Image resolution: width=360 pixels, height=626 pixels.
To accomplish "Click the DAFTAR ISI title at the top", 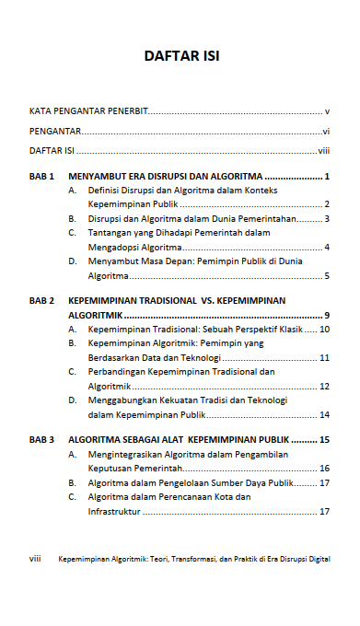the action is [181, 57].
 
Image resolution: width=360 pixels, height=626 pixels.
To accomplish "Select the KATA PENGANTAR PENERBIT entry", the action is [87, 110].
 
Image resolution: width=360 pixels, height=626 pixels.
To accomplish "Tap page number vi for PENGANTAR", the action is [326, 131].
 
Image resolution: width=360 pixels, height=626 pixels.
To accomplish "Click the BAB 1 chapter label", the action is [42, 175].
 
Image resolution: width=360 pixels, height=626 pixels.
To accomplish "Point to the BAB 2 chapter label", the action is [42, 300].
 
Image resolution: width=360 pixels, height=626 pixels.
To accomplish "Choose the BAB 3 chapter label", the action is [42, 440].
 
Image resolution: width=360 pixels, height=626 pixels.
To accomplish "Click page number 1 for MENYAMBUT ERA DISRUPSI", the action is [327, 175].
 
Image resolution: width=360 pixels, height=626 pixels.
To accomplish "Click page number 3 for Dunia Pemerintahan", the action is [327, 219].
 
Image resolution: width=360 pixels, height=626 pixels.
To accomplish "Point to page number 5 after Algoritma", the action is [327, 276].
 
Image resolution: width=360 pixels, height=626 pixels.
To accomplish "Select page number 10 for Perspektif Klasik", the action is [324, 329].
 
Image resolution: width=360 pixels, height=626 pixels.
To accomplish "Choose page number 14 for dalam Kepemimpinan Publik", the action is [324, 415].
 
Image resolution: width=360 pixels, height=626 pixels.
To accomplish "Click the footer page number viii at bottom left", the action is [35, 559].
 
